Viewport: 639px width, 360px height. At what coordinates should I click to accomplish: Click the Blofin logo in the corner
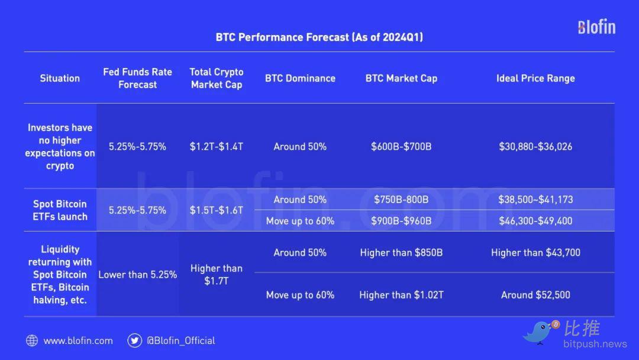596,27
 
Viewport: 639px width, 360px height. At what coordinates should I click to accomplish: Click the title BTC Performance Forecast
319,37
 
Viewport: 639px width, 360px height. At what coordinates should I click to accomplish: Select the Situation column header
60,78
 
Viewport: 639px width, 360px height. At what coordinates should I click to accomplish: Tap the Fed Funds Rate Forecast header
137,78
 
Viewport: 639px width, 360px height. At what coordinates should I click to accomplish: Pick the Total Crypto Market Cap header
217,78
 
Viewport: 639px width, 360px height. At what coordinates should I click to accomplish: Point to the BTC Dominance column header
301,78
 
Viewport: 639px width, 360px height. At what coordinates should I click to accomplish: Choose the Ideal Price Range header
535,78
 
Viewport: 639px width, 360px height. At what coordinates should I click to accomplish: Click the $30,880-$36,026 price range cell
535,147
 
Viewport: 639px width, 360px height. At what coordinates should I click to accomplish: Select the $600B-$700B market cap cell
401,147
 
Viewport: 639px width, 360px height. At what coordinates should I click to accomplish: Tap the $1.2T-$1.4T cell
217,147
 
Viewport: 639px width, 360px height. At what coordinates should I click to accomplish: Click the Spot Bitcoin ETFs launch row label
60,210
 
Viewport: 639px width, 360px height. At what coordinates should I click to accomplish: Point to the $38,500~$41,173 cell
535,200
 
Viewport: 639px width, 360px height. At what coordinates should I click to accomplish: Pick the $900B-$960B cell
401,221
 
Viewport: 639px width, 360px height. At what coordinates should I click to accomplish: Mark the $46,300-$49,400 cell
535,221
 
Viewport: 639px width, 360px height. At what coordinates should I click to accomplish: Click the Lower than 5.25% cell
137,275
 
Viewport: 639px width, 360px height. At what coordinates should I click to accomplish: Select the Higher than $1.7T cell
217,275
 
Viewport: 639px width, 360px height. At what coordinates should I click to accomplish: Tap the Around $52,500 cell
535,295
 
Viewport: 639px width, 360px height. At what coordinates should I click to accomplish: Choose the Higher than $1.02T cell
401,295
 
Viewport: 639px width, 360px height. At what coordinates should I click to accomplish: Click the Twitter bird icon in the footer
134,340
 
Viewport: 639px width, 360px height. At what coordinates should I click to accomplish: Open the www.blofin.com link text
78,341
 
